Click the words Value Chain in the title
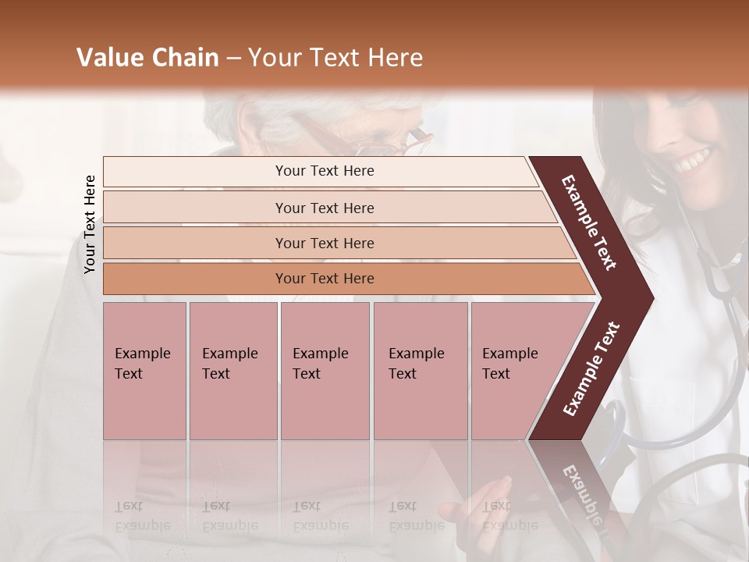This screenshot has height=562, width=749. pyautogui.click(x=147, y=58)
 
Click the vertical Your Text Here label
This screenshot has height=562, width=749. pyautogui.click(x=90, y=224)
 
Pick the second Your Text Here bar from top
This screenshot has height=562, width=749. pyautogui.click(x=325, y=208)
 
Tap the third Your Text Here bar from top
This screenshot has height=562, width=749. pyautogui.click(x=325, y=243)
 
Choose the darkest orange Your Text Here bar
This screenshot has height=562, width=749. pyautogui.click(x=325, y=279)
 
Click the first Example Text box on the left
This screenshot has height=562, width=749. pyautogui.click(x=144, y=371)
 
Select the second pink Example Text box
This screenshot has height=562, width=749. pyautogui.click(x=233, y=371)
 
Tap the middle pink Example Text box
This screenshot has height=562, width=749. pyautogui.click(x=325, y=371)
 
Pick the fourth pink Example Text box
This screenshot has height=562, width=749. pyautogui.click(x=420, y=371)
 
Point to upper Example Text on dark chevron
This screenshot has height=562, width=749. pyautogui.click(x=589, y=222)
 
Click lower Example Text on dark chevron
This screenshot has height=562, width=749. pyautogui.click(x=591, y=369)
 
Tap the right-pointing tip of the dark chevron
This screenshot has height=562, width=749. pyautogui.click(x=648, y=298)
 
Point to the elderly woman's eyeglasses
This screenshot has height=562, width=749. pyautogui.click(x=390, y=144)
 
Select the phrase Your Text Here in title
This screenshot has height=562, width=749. pyautogui.click(x=335, y=58)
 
